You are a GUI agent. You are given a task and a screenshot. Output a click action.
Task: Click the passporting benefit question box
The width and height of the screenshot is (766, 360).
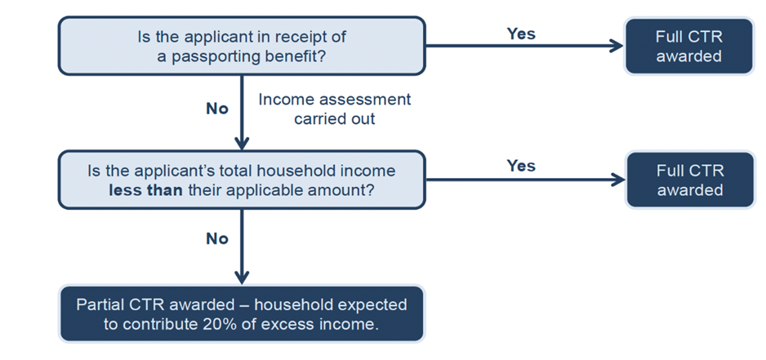241,46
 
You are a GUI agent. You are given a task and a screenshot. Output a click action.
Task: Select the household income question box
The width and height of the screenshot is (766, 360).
241,180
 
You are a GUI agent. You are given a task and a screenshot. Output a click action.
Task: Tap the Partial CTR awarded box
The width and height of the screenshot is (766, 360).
241,313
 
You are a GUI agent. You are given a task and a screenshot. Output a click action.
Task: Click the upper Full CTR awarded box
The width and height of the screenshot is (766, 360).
689,46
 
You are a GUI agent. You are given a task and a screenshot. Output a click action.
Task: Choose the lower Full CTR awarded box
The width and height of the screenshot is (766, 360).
689,180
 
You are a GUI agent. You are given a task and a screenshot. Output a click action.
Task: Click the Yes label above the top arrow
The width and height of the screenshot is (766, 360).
521,33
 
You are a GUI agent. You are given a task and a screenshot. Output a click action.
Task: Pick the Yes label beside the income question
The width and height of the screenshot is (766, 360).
521,166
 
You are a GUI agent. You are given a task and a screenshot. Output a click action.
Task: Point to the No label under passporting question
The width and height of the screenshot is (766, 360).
217,109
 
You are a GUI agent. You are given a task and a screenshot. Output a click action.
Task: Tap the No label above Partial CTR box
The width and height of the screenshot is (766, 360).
217,239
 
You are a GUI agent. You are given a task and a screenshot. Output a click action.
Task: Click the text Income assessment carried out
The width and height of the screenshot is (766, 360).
334,109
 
